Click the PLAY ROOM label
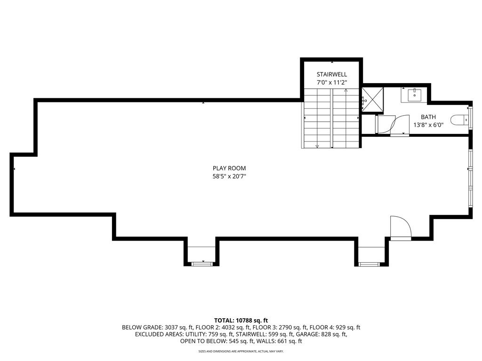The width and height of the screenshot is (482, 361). click(229, 168)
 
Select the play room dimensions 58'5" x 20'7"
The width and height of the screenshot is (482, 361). click(229, 176)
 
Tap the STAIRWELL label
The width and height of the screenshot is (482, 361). click(331, 74)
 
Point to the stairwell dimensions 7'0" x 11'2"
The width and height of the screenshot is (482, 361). click(331, 82)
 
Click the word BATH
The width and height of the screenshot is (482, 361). click(428, 117)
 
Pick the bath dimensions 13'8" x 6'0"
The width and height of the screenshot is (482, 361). click(428, 125)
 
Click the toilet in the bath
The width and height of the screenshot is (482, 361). click(458, 120)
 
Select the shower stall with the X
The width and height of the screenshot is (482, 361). click(372, 100)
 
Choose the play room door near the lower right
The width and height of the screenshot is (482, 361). click(401, 228)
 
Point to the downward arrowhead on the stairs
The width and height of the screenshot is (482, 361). click(317, 146)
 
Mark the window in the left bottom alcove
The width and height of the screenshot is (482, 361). click(202, 264)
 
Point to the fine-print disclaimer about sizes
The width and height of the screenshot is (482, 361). click(241, 351)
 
